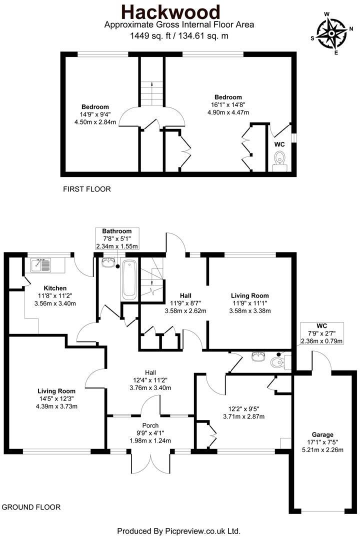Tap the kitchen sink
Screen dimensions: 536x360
(39, 264)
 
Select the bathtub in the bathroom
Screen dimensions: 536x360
(129, 279)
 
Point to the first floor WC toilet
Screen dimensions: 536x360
(280, 160)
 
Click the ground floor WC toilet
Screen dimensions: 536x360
(277, 361)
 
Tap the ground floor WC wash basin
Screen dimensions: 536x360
(258, 358)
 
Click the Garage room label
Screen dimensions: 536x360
(320, 434)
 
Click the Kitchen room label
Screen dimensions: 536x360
(55, 288)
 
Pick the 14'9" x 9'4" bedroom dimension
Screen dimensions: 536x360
(95, 114)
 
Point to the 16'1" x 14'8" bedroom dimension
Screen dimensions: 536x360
(228, 105)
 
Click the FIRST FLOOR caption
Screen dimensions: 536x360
(86, 189)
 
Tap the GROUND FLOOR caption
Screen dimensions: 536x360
(31, 507)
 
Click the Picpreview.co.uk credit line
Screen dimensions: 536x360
(179, 530)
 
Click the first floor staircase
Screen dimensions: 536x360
(151, 93)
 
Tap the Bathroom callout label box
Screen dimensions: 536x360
(117, 238)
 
